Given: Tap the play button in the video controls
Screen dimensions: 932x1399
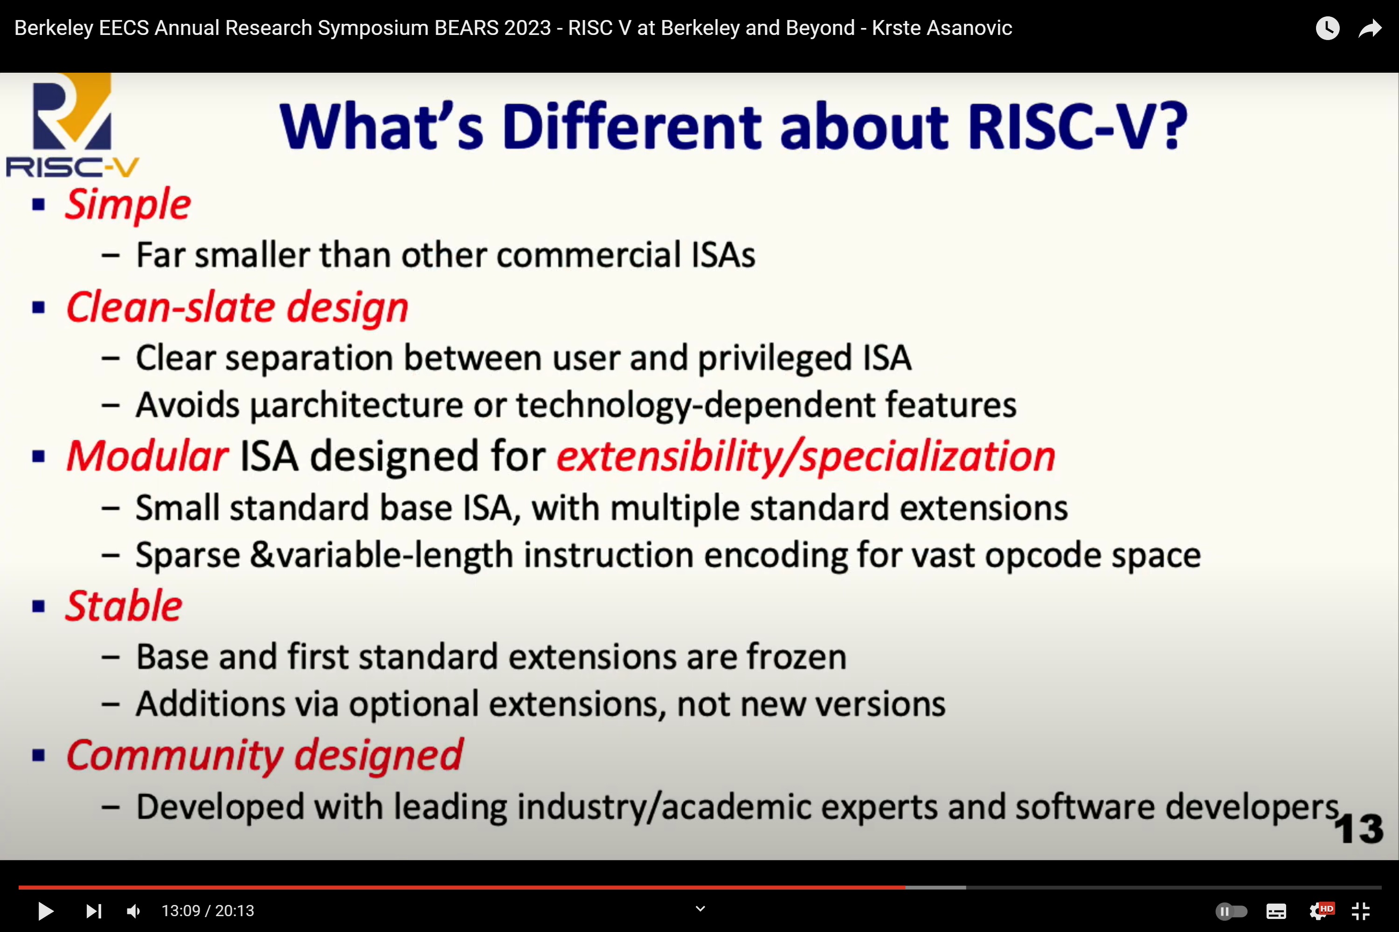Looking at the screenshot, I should click(x=45, y=911).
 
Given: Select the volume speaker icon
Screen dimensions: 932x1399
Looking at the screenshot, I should click(x=134, y=911).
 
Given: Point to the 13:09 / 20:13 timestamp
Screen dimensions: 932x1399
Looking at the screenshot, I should click(x=208, y=911).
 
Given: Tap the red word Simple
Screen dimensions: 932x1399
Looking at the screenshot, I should click(x=128, y=205).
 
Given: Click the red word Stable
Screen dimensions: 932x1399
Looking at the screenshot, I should click(x=124, y=606).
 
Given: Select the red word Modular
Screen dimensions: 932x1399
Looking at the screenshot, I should click(x=147, y=457).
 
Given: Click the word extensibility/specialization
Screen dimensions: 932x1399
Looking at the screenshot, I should click(x=806, y=457).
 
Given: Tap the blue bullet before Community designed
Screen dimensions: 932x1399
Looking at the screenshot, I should click(x=39, y=755).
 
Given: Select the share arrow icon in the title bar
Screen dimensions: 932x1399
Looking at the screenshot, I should click(x=1370, y=28).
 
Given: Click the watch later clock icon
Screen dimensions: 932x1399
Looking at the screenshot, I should click(x=1327, y=28).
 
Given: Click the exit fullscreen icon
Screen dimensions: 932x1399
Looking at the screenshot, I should click(x=1361, y=911).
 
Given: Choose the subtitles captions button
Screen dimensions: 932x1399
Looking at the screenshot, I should click(x=1276, y=911).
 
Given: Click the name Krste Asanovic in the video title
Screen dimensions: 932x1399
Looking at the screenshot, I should click(x=942, y=28).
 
